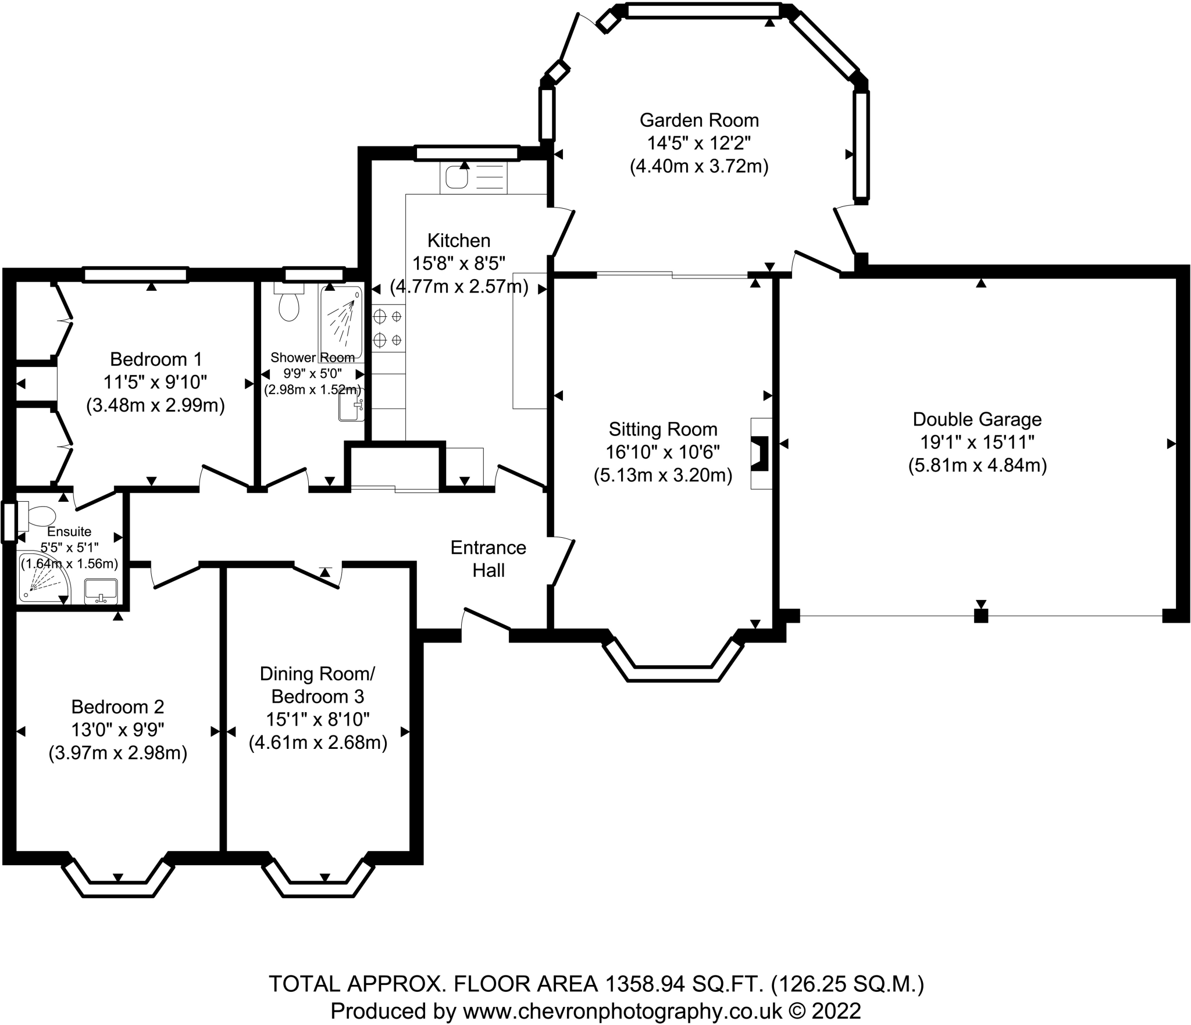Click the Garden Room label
(699, 120)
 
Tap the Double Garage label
(977, 419)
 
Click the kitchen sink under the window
(457, 177)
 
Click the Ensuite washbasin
(101, 591)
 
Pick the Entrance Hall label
(488, 559)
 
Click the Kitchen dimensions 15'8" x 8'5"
(459, 263)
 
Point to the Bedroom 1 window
(135, 274)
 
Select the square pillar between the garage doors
(981, 616)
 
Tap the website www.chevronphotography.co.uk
(622, 1010)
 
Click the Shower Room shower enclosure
(341, 323)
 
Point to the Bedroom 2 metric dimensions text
(118, 753)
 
